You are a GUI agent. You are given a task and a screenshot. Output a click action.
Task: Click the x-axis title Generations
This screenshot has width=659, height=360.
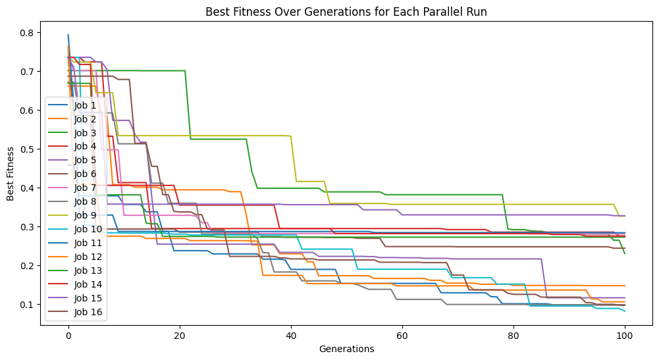point(346,349)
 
